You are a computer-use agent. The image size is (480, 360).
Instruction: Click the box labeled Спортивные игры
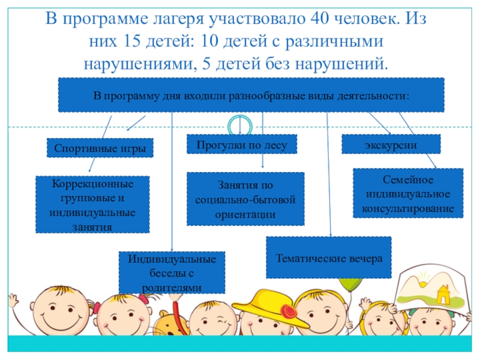100,148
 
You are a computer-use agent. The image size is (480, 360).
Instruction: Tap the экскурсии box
391,144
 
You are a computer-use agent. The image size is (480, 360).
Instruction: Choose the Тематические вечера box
328,257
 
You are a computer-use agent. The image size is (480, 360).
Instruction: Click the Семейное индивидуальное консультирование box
408,193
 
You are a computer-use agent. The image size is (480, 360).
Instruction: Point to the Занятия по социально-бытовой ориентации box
245,199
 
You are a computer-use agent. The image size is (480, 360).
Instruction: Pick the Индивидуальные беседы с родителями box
172,272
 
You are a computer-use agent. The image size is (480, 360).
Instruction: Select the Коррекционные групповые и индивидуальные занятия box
92,204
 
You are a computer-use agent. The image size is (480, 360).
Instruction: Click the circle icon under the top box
239,126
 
